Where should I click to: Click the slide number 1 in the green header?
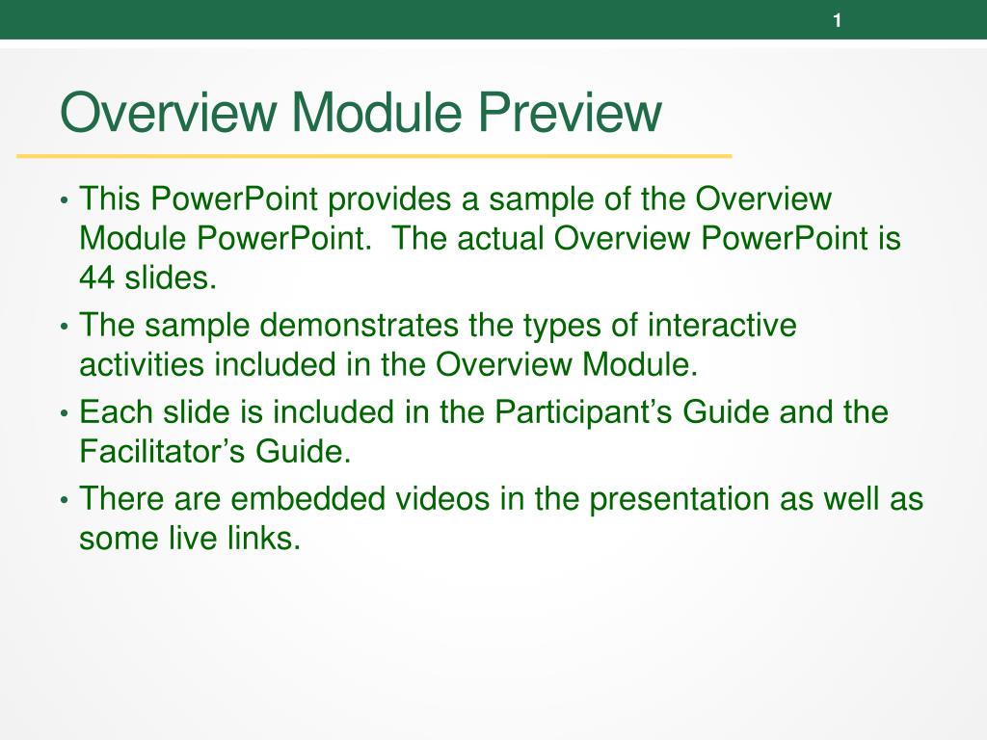coord(838,21)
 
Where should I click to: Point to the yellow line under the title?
coord(374,155)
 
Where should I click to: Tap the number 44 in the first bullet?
coord(97,277)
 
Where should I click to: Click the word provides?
coord(389,199)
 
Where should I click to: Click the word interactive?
coord(722,326)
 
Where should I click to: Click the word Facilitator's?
coord(162,451)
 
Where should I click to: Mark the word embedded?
coord(307,499)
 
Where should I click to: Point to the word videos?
coord(441,499)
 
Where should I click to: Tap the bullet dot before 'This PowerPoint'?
coord(64,201)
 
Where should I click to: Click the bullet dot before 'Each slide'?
coord(64,414)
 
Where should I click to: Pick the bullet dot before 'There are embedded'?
coord(64,501)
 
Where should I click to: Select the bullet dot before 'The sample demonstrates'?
coord(64,328)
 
